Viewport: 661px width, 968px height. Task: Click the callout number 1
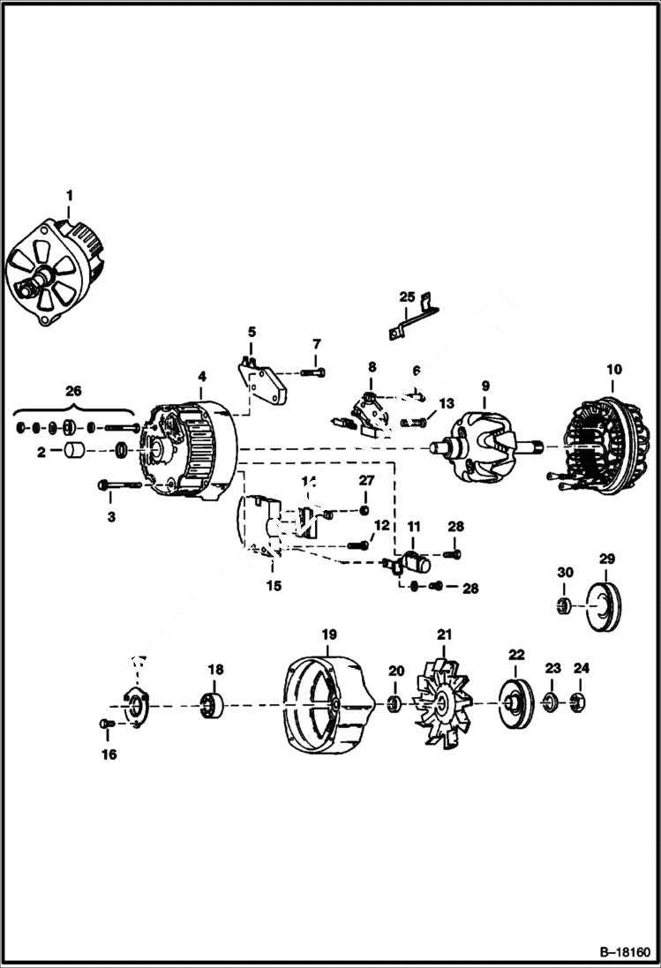click(x=70, y=194)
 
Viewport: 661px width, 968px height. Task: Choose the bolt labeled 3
click(x=120, y=484)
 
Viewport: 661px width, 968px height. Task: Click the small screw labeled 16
click(x=107, y=724)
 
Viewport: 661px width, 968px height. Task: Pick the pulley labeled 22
click(x=512, y=703)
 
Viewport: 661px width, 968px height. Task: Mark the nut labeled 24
click(x=579, y=703)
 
